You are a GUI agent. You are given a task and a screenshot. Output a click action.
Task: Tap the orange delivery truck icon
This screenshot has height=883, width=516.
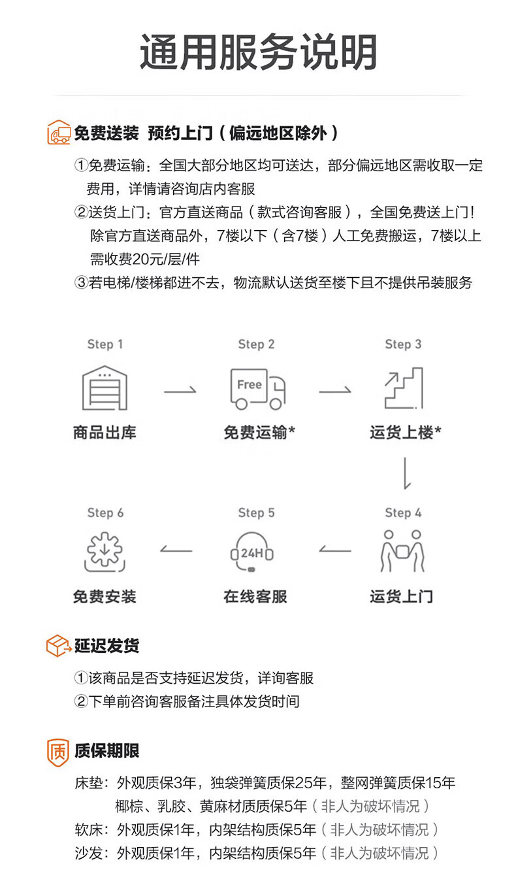58,133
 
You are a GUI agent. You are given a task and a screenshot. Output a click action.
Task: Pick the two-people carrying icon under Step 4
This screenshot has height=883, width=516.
402,550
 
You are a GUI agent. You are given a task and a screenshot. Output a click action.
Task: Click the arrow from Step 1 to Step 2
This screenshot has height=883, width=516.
180,391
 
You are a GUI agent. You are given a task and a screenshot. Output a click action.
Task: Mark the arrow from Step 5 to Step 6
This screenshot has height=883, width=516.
176,550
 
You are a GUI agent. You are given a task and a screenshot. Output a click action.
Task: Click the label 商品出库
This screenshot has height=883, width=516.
105,432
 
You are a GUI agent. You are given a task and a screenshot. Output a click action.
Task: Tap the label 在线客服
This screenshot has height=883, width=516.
255,596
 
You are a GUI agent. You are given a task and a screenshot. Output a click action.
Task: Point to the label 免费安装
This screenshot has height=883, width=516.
105,596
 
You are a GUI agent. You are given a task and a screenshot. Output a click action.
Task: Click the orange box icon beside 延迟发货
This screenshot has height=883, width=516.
58,646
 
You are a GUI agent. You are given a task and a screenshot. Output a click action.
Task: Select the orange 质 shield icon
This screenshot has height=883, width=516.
57,752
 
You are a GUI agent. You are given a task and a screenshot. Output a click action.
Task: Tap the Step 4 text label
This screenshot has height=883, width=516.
403,513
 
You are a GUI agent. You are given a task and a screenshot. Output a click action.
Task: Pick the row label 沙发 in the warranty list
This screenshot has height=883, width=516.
88,853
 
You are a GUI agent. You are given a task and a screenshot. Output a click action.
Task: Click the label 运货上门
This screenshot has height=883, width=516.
401,596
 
